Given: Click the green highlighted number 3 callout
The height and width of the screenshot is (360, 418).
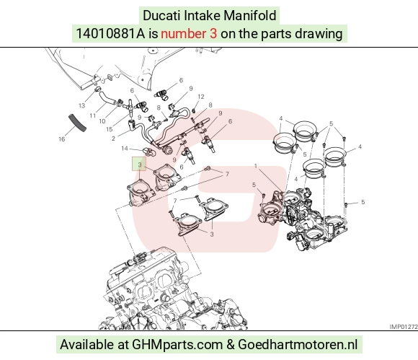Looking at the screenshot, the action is pyautogui.click(x=139, y=164).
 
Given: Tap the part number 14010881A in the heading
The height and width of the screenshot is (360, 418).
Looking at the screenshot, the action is pyautogui.click(x=111, y=34).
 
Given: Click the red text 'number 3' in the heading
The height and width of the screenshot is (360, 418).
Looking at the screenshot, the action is pyautogui.click(x=189, y=34).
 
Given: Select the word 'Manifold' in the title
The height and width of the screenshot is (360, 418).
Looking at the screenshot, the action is pyautogui.click(x=250, y=15).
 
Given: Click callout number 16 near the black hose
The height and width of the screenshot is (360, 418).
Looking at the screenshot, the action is pyautogui.click(x=61, y=139).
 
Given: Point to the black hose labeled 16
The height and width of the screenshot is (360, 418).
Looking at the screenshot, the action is pyautogui.click(x=78, y=123).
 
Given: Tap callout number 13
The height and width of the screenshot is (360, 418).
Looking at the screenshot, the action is pyautogui.click(x=81, y=105).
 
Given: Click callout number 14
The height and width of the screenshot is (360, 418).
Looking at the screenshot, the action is pyautogui.click(x=125, y=148).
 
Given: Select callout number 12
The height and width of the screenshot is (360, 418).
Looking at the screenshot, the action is pyautogui.click(x=201, y=97).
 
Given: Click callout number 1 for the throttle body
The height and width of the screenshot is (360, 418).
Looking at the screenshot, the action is pyautogui.click(x=255, y=166).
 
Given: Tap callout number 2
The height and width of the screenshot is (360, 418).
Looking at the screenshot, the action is pyautogui.click(x=113, y=139).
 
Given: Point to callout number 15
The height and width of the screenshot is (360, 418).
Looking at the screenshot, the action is pyautogui.click(x=110, y=129).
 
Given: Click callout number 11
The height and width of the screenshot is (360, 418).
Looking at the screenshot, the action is pyautogui.click(x=92, y=115).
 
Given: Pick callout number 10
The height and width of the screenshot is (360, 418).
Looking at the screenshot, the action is pyautogui.click(x=102, y=121).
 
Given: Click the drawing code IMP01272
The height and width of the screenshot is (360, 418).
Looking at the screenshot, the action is pyautogui.click(x=404, y=327).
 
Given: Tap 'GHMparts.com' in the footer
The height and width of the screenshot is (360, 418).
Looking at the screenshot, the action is pyautogui.click(x=177, y=345).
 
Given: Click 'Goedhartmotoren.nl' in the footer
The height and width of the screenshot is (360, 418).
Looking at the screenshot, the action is pyautogui.click(x=298, y=345).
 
